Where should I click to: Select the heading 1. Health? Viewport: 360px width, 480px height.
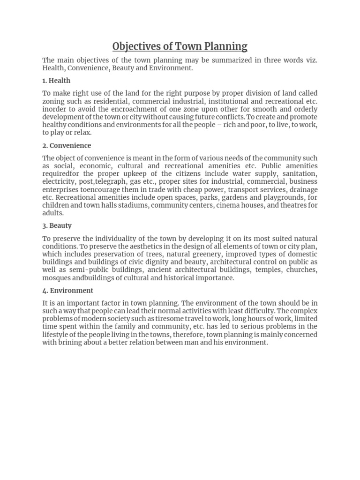56,81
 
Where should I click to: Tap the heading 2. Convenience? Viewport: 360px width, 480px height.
67,145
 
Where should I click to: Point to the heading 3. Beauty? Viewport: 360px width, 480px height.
57,225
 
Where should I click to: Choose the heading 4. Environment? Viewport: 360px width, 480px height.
67,290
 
